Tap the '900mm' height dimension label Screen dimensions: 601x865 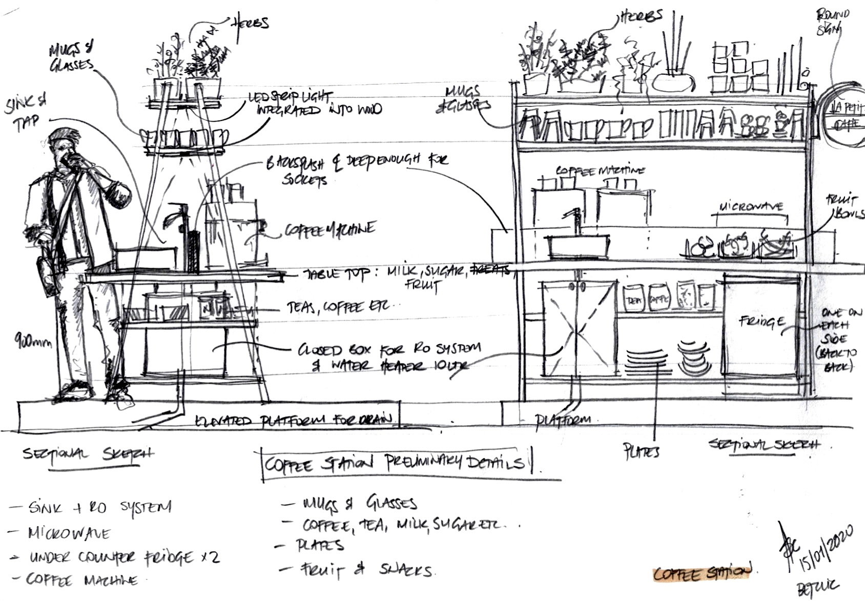(33, 340)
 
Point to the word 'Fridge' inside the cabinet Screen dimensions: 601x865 (761, 322)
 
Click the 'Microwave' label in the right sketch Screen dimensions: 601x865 (751, 207)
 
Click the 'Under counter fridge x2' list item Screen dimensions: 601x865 (123, 557)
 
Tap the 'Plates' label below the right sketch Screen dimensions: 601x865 (641, 451)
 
